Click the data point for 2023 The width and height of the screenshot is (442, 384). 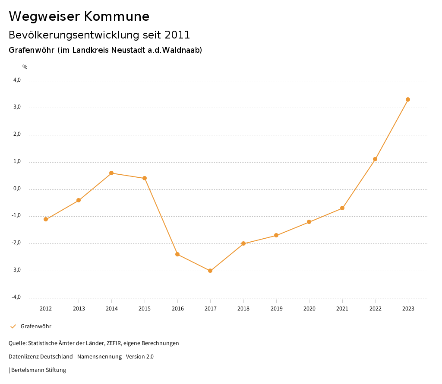point(408,99)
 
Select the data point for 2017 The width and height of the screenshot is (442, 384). point(210,271)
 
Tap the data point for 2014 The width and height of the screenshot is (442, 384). point(111,173)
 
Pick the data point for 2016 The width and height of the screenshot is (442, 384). point(177,254)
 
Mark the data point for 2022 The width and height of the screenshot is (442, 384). point(375,159)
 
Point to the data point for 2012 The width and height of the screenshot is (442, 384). point(46,219)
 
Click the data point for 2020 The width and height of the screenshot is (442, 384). point(309,222)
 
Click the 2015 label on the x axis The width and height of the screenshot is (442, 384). point(145,308)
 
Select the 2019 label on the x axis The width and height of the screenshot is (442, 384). point(276,308)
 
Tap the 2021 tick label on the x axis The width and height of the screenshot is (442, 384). point(342,308)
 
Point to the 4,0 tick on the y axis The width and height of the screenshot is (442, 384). point(17,80)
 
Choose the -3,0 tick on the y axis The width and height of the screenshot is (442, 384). point(17,270)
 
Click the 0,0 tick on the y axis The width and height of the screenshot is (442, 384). point(17,189)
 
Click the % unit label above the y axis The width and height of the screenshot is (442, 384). point(25,67)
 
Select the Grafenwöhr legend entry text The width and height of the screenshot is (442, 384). point(36,326)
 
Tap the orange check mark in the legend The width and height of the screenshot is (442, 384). point(13,326)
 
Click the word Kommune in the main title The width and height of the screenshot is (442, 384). point(117,16)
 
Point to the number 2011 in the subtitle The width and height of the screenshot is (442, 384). point(177,35)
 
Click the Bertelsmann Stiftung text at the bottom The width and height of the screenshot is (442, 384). point(38,370)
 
